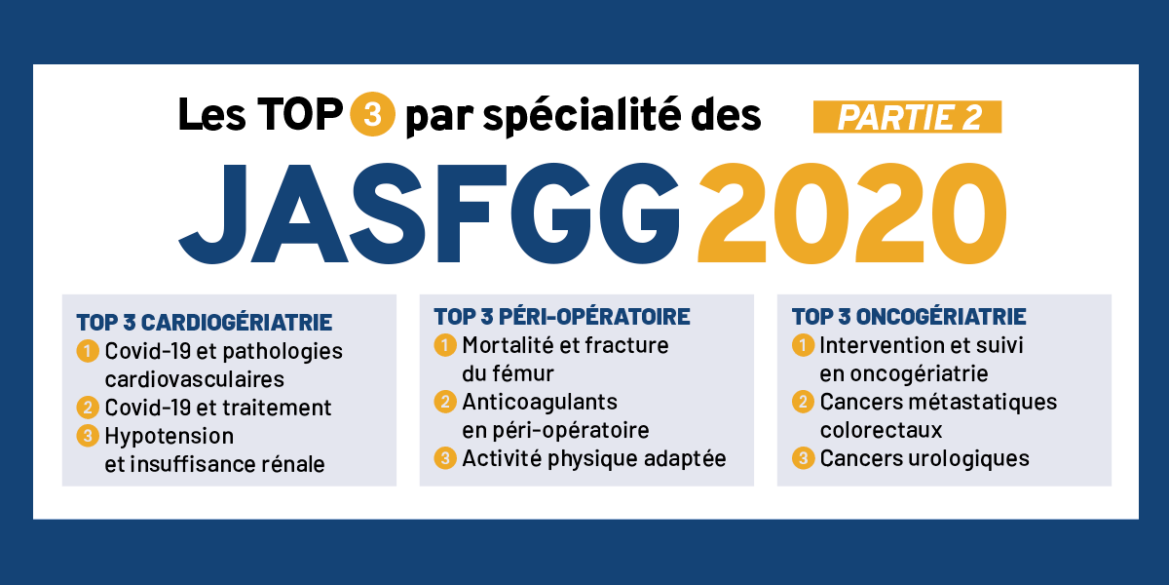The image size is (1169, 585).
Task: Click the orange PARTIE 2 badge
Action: pos(907,117)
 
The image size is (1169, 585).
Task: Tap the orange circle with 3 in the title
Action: pos(372,114)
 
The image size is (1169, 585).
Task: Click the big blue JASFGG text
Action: pos(429,214)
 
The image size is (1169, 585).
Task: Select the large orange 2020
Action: pos(851,214)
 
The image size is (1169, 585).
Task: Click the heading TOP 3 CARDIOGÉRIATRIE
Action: pos(204,323)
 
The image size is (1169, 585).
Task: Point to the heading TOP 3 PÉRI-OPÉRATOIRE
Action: pos(562,317)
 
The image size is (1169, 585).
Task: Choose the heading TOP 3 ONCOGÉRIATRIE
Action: pos(909,317)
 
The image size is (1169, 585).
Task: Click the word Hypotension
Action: pos(170,437)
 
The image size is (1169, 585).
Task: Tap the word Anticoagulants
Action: pos(540,402)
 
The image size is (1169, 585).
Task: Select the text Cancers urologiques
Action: pos(924,458)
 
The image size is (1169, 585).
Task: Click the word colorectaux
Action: pos(881,430)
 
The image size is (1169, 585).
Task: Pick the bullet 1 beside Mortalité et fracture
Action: pos(445,345)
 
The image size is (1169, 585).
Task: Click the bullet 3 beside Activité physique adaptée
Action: pos(445,458)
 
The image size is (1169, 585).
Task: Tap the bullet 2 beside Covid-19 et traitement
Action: pos(88,408)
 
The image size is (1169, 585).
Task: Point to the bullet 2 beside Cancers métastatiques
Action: pos(803,402)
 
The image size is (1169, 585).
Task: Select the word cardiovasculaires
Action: pos(195,379)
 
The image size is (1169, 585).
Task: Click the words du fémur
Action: pos(508,374)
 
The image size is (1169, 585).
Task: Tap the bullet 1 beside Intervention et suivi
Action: pos(803,345)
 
